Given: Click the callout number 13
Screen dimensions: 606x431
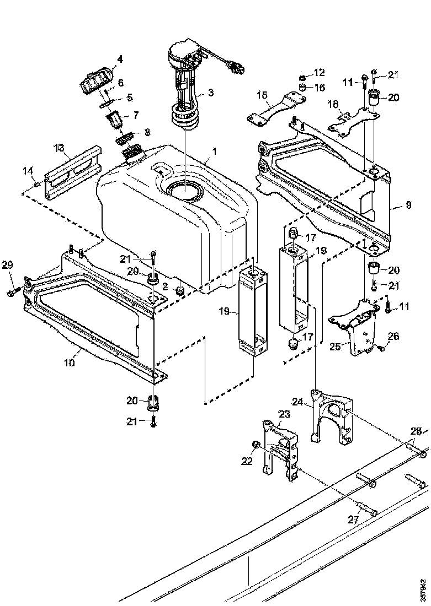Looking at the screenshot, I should [59, 148].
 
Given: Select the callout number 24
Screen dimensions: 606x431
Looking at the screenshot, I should [298, 402].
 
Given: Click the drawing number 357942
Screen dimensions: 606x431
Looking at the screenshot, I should [423, 589].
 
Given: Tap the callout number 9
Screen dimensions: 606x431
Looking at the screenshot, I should [407, 205].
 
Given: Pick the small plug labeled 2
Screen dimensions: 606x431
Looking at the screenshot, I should [179, 290].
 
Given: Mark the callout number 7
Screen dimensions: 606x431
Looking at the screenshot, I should [135, 115].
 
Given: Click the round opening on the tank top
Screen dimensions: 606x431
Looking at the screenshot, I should [183, 191].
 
